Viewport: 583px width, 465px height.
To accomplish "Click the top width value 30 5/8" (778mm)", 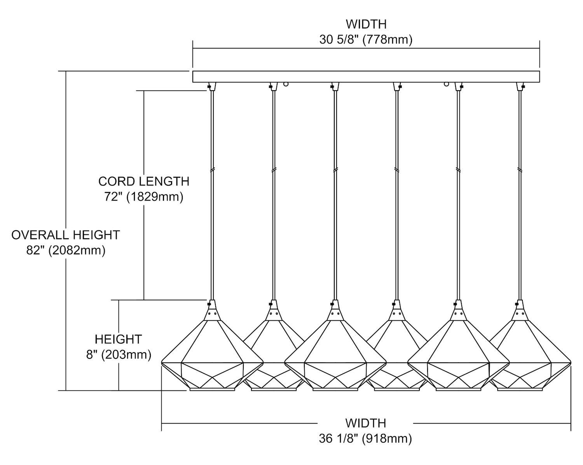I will [x=366, y=40].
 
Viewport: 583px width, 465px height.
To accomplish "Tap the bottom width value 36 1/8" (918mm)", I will [x=365, y=439].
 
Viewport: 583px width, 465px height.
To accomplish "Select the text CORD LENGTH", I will [x=144, y=182].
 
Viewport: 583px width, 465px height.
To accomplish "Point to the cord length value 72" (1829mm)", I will [x=144, y=197].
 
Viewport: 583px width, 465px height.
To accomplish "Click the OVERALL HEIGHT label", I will [x=66, y=235].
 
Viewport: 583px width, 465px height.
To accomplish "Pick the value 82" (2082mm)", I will [x=66, y=250].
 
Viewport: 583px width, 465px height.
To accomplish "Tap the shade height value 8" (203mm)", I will [x=119, y=355].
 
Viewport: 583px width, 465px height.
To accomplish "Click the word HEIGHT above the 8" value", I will [x=119, y=339].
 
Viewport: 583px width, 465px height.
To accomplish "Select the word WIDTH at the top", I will [x=366, y=24].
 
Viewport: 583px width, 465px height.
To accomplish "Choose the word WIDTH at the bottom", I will [x=365, y=423].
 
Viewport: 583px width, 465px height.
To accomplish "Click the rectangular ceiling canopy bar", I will [x=366, y=77].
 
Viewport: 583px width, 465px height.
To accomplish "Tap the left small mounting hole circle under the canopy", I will [x=286, y=84].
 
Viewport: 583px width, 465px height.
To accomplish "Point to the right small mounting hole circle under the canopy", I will [x=447, y=84].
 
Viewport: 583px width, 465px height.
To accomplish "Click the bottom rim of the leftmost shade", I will [x=212, y=389].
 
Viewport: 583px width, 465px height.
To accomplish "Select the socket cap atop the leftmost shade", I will [x=212, y=312].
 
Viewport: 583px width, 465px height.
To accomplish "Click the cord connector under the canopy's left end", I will [x=211, y=86].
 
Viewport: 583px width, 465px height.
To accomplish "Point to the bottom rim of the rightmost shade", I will [x=520, y=389].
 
